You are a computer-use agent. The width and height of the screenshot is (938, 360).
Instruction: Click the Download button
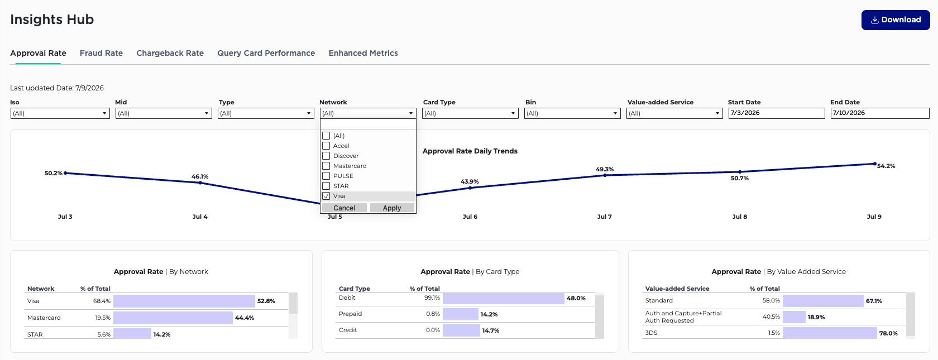pos(896,20)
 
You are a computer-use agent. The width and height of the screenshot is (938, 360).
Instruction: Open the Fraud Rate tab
pos(102,53)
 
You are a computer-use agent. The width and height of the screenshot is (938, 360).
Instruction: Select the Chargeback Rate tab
pos(170,53)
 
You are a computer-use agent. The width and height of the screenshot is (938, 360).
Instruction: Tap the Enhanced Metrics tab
pos(363,53)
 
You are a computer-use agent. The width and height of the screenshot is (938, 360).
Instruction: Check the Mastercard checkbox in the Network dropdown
pos(326,166)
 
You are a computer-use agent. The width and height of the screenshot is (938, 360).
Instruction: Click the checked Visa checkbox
pos(326,196)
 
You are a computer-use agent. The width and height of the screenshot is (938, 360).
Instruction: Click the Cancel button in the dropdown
pos(344,208)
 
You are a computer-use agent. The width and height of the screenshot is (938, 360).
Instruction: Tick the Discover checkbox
pos(326,156)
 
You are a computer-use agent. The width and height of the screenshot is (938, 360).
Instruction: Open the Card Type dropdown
pos(470,113)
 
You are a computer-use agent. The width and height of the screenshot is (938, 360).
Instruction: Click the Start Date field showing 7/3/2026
pos(777,113)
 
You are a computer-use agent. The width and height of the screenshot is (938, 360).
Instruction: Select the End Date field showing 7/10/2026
pos(880,113)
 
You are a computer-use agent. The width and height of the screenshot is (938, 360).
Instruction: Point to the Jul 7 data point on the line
pos(605,175)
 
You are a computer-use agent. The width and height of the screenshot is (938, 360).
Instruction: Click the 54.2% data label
pos(886,166)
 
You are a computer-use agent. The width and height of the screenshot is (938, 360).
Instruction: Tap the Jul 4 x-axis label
pos(200,217)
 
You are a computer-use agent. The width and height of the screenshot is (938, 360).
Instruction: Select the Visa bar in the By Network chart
pos(184,301)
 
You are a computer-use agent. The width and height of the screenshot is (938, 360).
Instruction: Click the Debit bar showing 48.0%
pos(504,299)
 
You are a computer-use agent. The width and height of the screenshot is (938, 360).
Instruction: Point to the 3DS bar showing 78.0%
pos(830,333)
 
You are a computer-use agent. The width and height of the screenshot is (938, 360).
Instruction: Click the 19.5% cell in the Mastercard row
pos(103,318)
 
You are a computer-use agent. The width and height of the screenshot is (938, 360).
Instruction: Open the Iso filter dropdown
pos(60,113)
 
